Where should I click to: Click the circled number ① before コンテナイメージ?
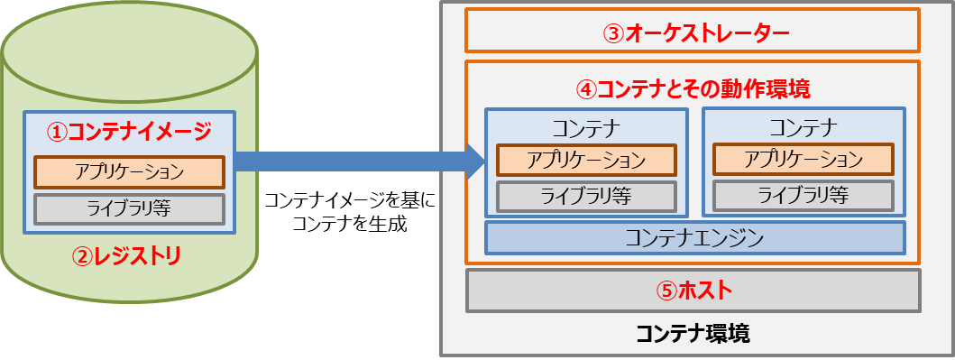point(58,132)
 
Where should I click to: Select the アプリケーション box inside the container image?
point(128,171)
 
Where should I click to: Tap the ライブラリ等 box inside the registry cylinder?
point(128,208)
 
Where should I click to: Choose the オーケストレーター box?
point(692,32)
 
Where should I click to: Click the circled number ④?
point(586,89)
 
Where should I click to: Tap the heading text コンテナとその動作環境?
point(703,89)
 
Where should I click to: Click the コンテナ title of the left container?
point(586,125)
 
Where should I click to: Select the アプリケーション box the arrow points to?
point(586,160)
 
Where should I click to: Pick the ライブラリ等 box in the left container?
point(586,195)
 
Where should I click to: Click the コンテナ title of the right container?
point(803,125)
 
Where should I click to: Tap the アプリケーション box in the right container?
point(803,160)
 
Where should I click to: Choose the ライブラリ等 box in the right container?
point(803,195)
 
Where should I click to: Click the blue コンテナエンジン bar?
point(694,238)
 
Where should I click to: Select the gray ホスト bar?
point(693,291)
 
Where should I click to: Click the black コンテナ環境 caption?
point(693,333)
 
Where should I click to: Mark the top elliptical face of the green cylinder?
point(130,50)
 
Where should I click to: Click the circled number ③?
point(613,33)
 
